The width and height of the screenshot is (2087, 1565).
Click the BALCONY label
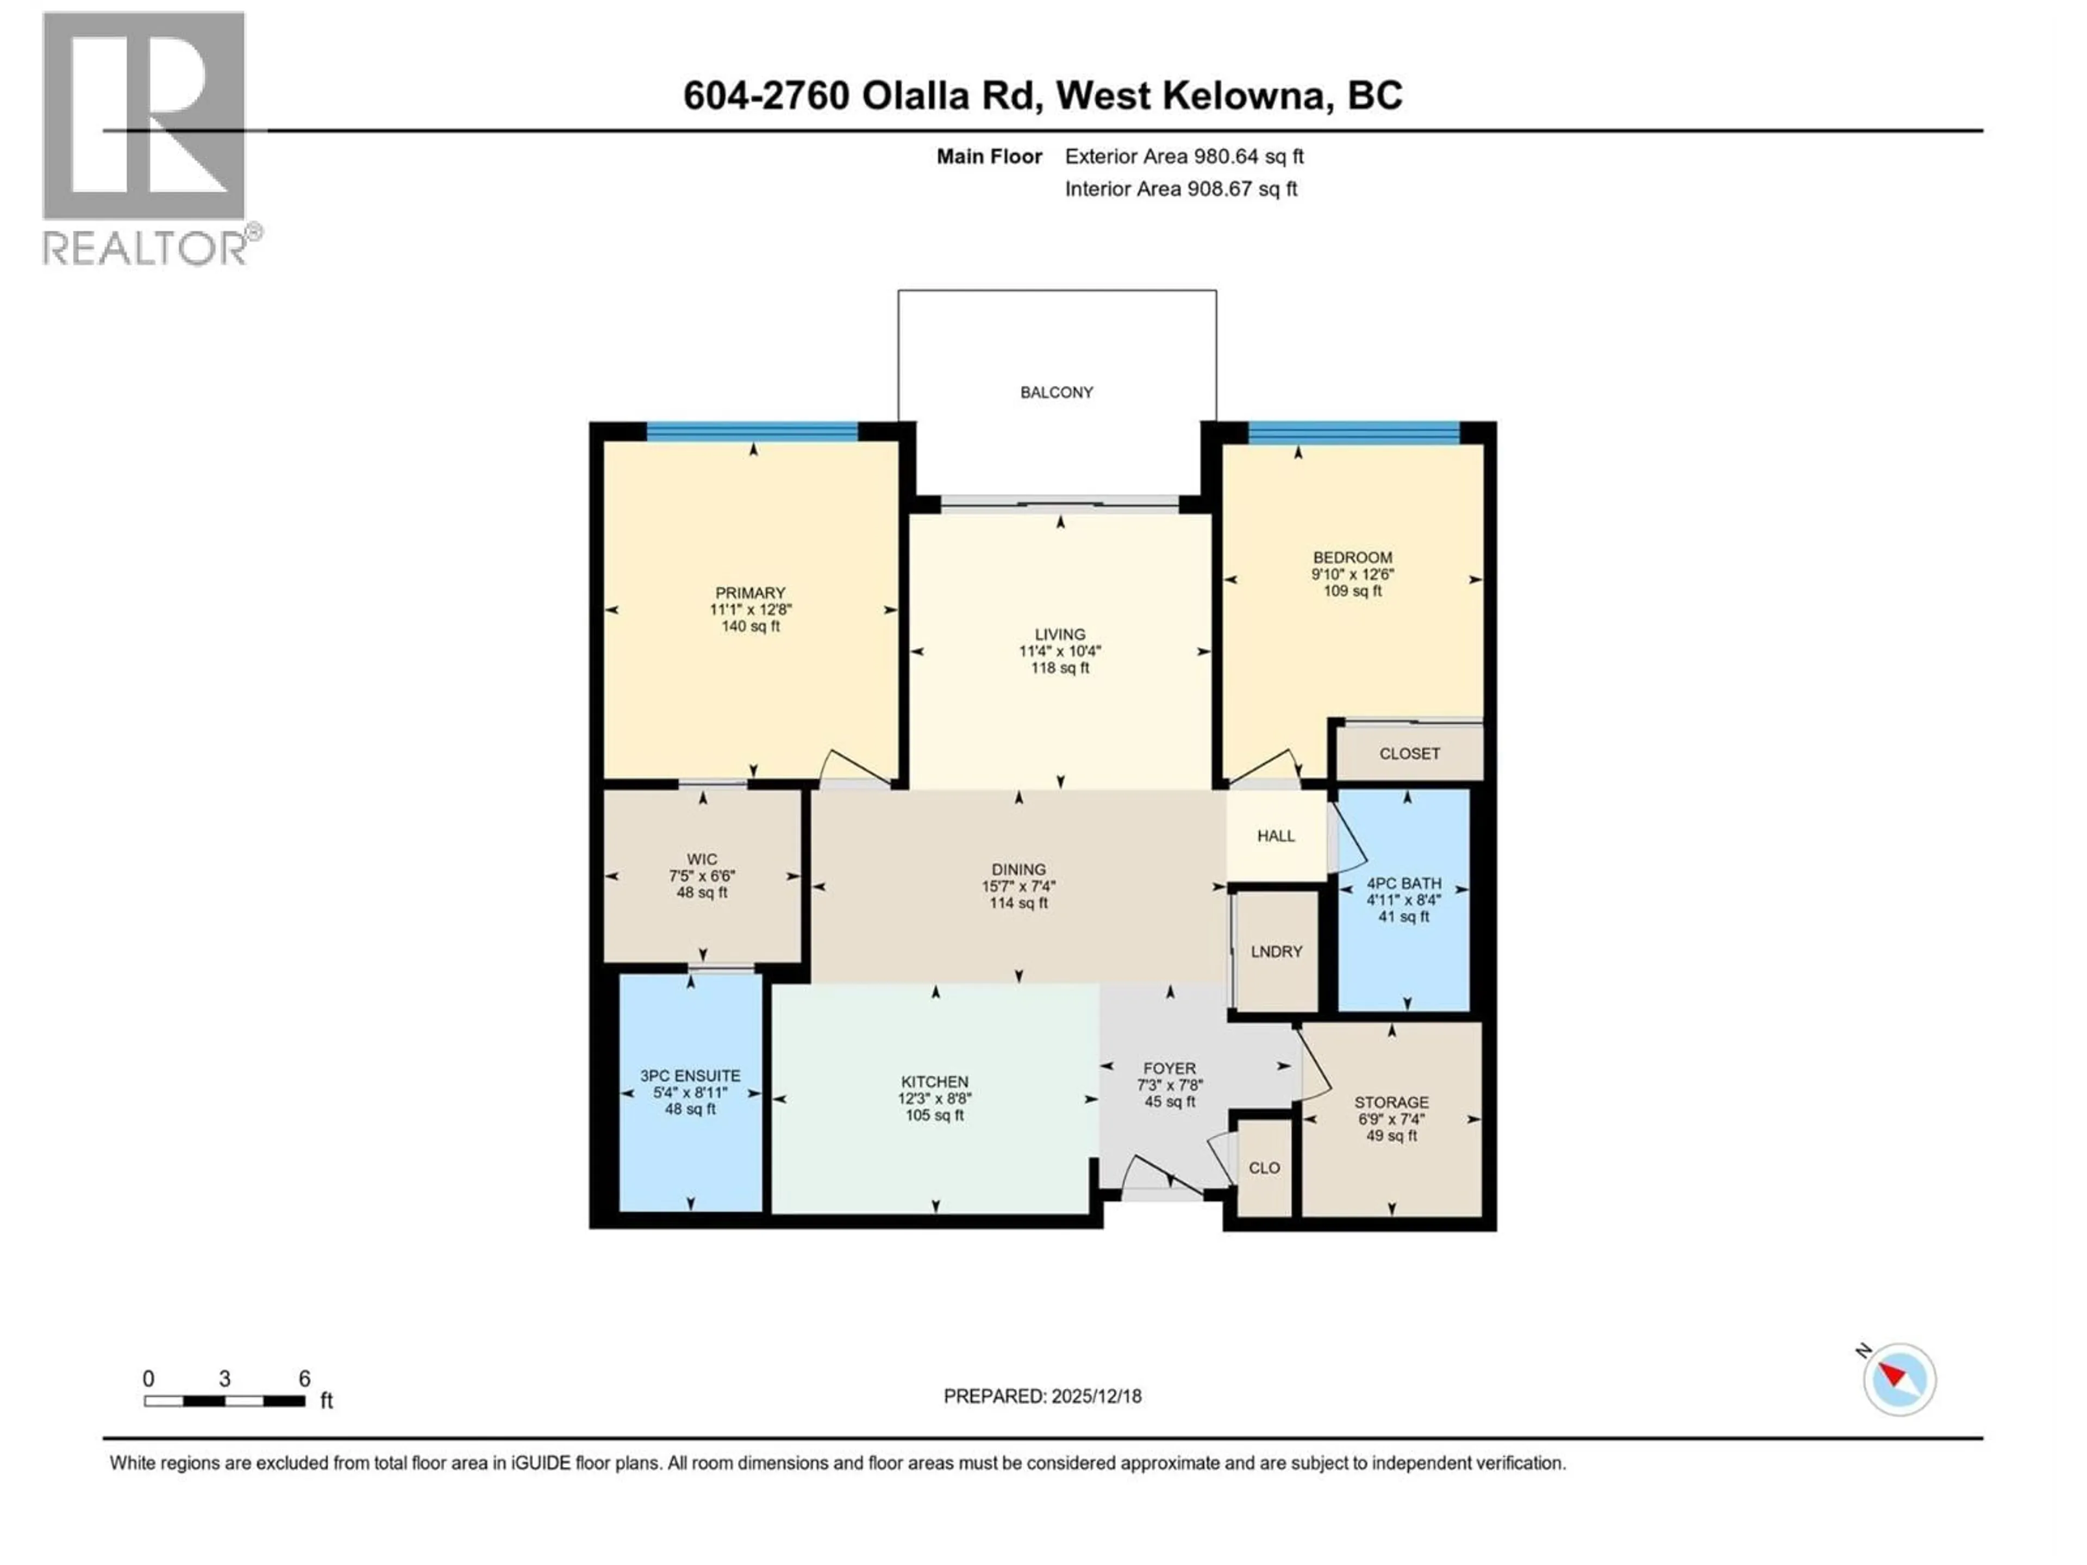point(1056,392)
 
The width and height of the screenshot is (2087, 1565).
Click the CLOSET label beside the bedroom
point(1409,754)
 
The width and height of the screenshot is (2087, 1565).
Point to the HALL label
point(1276,836)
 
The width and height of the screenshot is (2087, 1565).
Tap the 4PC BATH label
point(1404,884)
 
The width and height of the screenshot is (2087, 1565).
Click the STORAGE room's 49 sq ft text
point(1392,1136)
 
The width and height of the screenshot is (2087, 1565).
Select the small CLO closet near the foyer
point(1264,1168)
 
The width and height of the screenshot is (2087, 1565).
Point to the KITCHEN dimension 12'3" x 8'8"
point(934,1099)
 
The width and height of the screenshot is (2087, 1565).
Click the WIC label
point(702,859)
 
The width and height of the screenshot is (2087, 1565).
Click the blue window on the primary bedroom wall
point(752,432)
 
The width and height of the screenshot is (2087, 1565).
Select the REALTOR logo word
point(145,248)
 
